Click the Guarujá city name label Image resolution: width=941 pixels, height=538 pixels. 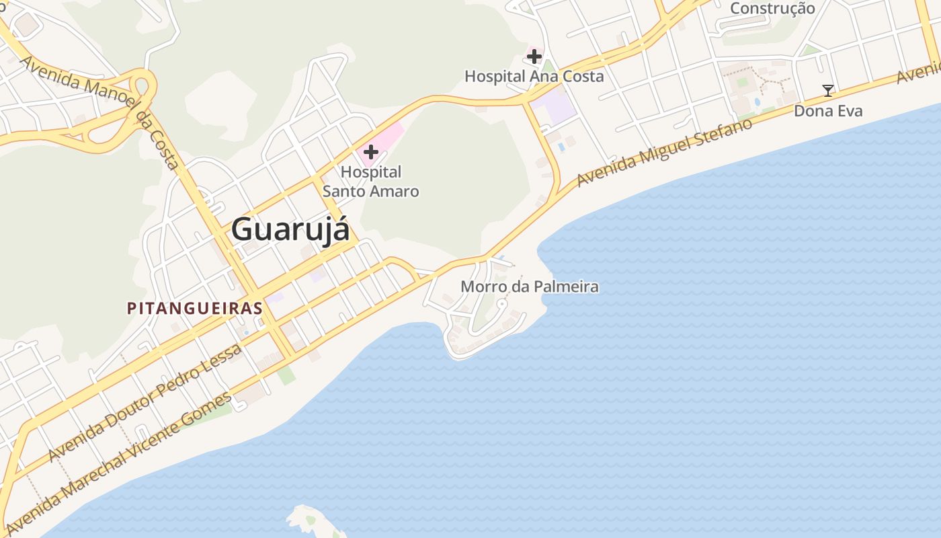tap(290, 229)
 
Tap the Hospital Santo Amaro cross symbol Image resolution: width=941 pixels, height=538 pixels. tap(370, 152)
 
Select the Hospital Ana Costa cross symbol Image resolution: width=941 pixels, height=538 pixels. tap(534, 56)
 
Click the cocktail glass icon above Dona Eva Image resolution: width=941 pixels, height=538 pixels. tap(828, 91)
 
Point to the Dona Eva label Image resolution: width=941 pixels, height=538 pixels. tap(828, 110)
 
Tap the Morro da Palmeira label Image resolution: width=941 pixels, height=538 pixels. tap(530, 287)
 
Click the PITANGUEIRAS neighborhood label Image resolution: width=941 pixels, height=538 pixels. tap(194, 309)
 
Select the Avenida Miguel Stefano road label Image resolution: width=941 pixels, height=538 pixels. tap(664, 153)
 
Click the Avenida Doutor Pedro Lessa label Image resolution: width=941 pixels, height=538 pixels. tap(145, 403)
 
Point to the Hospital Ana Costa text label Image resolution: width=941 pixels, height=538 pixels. tap(534, 77)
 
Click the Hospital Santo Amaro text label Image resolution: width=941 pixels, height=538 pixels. tap(371, 182)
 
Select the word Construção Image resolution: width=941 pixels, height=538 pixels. tap(772, 9)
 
